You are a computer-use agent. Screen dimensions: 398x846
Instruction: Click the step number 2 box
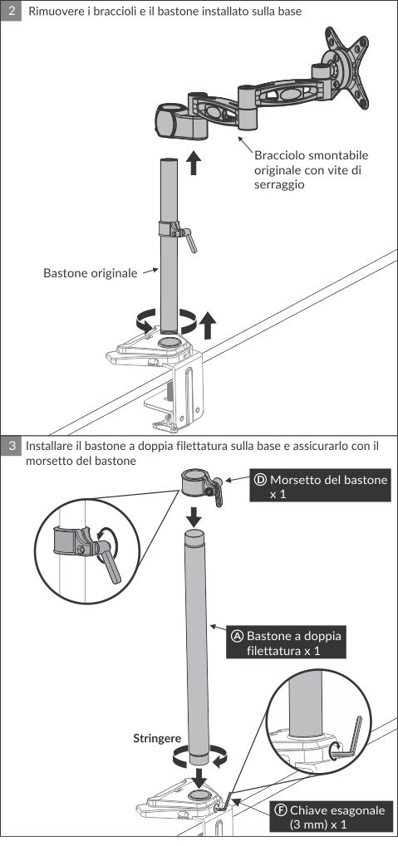[11, 10]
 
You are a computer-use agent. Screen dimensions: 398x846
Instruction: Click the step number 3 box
[11, 447]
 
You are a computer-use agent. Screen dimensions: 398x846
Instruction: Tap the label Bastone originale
[91, 273]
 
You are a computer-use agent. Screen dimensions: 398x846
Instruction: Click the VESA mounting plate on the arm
[345, 66]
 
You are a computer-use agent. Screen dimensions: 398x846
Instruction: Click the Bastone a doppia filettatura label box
[286, 643]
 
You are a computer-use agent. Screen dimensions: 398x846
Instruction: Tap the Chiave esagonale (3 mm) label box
[331, 817]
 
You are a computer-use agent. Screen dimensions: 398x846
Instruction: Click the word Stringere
[157, 739]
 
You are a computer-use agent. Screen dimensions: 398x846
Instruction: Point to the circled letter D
[260, 480]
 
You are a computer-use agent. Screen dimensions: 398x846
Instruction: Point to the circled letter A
[237, 636]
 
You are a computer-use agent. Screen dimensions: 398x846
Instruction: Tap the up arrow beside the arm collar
[194, 163]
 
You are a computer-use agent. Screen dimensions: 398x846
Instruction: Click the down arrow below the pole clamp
[194, 517]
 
